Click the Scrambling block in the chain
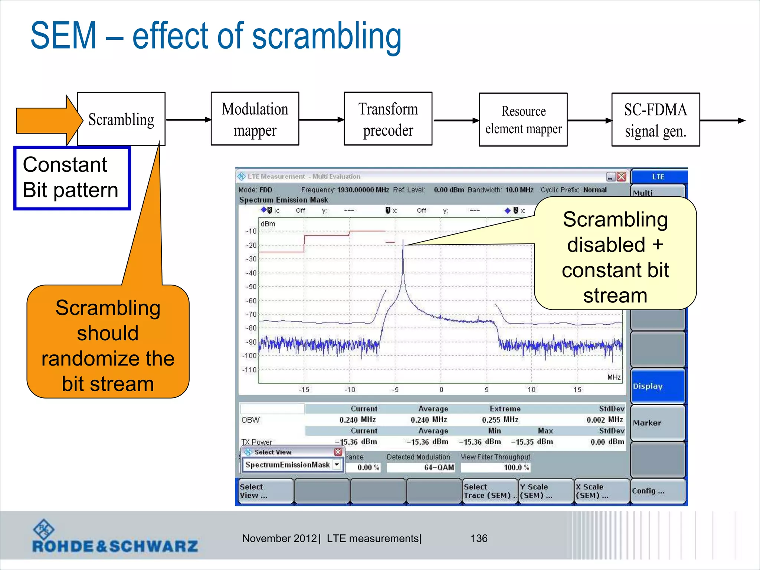coord(121,119)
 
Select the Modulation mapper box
coord(255,119)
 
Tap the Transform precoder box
coord(388,119)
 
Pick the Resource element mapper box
coord(523,120)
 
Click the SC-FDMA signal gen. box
coord(655,120)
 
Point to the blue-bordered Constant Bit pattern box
coord(72,178)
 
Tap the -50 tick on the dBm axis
coord(252,287)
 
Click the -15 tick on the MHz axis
coord(304,390)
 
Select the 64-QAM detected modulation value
coord(439,468)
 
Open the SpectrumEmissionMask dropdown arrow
coord(337,465)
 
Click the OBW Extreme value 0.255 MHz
coord(500,420)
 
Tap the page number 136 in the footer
coord(479,538)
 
